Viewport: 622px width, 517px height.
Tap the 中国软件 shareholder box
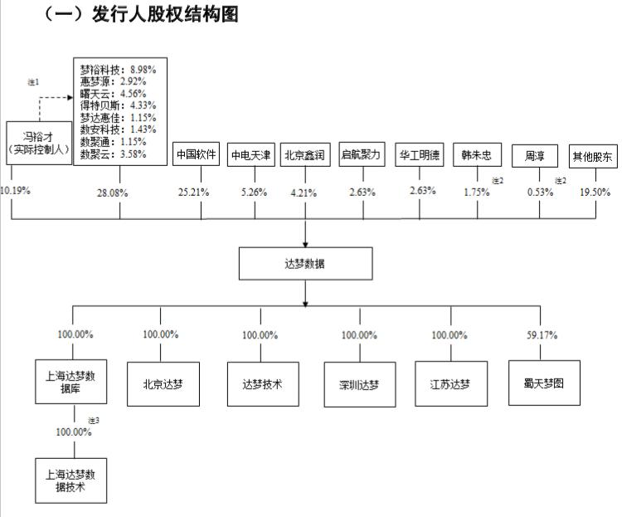(x=197, y=155)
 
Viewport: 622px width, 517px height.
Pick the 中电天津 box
(x=251, y=155)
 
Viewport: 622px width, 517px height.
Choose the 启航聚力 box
(x=362, y=155)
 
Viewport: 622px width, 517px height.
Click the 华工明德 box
(x=420, y=155)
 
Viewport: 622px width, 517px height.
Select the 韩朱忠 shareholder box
(x=477, y=155)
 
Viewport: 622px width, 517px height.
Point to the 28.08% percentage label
(x=119, y=193)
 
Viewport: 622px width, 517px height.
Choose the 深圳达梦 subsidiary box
(x=359, y=384)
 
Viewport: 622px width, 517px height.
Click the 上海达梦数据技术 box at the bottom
(x=70, y=480)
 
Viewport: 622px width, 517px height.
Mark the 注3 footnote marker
(x=93, y=421)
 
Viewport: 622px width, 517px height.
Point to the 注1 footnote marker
(x=33, y=81)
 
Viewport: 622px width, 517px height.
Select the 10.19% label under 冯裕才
(x=16, y=190)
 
